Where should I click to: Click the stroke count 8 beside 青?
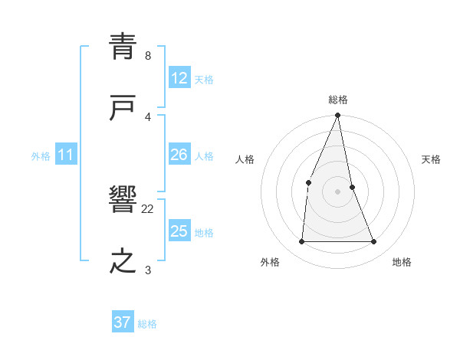148,56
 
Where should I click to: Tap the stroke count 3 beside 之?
148,270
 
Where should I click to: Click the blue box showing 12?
179,78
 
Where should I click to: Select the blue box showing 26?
179,155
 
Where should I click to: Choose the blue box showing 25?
179,231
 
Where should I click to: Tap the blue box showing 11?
66,155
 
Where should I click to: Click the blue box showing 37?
123,322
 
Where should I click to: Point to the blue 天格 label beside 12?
204,79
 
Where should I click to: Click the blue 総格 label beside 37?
147,323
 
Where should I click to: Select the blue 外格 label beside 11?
41,156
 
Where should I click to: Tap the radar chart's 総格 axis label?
338,100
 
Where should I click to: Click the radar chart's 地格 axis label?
402,263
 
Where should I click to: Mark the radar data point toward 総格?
338,116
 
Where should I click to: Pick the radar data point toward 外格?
301,242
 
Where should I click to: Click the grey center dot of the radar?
338,191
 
